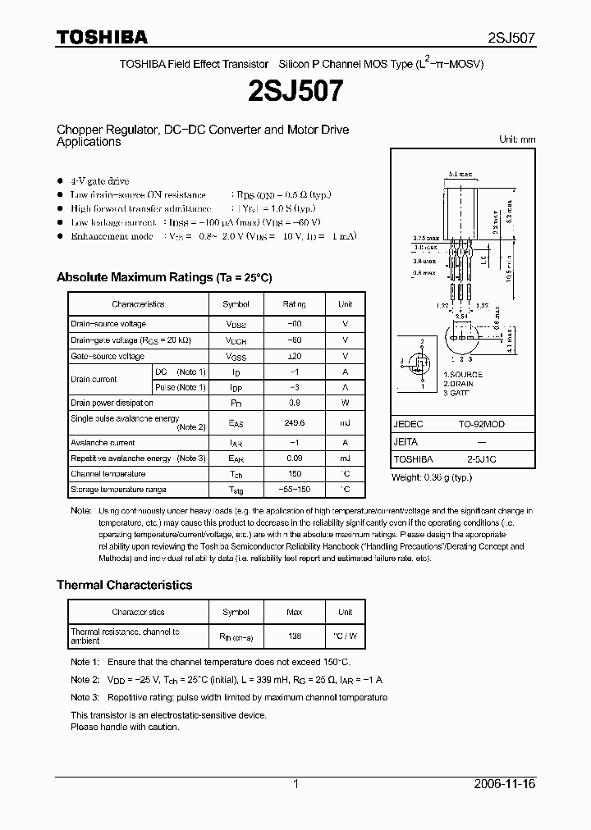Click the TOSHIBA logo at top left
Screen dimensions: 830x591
[x=102, y=37]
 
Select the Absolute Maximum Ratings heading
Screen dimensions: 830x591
[x=163, y=277]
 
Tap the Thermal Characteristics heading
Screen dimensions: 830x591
[x=124, y=585]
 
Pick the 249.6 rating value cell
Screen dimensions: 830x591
[x=294, y=423]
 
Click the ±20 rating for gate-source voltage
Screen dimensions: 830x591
[x=294, y=356]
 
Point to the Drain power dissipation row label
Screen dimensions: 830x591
[x=112, y=403]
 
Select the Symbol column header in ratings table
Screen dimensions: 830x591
[x=236, y=303]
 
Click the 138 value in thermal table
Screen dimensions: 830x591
[x=294, y=636]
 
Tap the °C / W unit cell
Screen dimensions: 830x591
[x=345, y=636]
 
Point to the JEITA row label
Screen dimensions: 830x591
[x=406, y=442]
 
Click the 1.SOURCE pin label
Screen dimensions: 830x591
[x=462, y=375]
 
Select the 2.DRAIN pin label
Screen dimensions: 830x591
[x=460, y=384]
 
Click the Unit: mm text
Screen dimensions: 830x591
[x=517, y=139]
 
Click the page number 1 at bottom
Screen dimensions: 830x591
[x=295, y=784]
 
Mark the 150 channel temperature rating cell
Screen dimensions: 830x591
[x=294, y=473]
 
